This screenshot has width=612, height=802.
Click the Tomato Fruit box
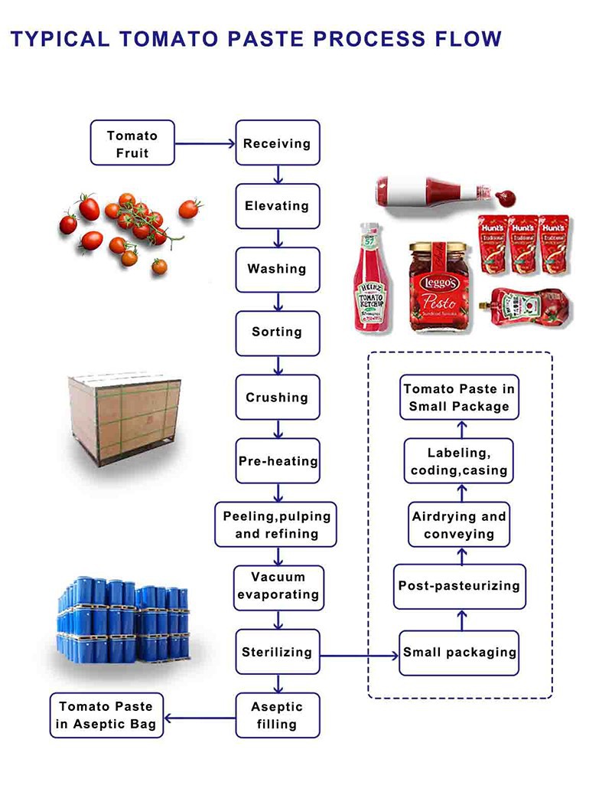click(x=132, y=143)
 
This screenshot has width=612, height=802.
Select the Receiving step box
click(x=277, y=143)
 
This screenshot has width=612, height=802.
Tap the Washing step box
click(x=277, y=269)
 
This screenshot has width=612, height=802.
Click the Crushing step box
click(x=277, y=398)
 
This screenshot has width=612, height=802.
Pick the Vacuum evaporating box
click(x=277, y=586)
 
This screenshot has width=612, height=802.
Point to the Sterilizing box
click(x=277, y=653)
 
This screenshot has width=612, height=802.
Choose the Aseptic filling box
click(x=277, y=715)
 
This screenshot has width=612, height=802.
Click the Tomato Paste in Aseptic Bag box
click(x=106, y=715)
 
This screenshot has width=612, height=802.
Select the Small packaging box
click(x=460, y=653)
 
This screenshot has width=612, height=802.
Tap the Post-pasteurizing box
click(x=460, y=586)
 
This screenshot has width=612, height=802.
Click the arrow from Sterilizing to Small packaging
click(x=360, y=655)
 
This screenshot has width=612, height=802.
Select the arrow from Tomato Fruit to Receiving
click(x=204, y=143)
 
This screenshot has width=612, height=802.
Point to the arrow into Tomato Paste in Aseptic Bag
click(x=200, y=718)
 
